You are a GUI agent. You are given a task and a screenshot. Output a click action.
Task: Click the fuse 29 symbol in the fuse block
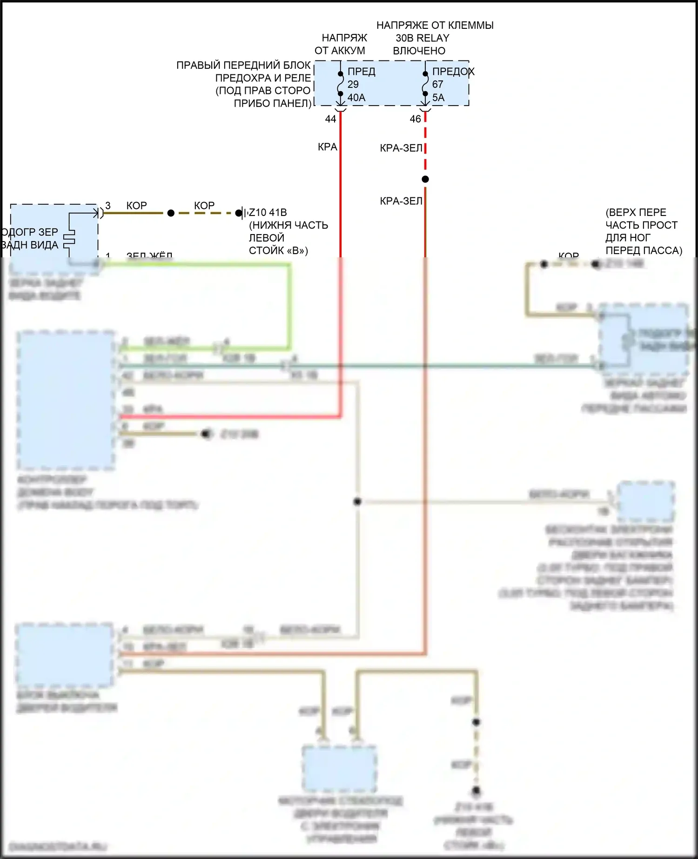[341, 84]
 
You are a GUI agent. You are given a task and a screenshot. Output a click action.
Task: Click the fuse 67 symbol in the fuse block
[425, 84]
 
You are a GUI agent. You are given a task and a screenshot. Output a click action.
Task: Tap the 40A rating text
[356, 98]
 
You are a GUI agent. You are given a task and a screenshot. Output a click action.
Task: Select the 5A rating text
[438, 98]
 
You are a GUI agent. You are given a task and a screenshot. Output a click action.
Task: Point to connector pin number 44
[330, 119]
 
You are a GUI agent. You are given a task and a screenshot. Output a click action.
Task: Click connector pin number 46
[415, 119]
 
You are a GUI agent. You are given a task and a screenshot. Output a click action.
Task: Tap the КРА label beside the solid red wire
[327, 147]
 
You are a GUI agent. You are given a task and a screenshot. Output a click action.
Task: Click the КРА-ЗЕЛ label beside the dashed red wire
[401, 148]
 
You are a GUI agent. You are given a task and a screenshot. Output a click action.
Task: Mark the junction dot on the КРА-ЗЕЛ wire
[425, 179]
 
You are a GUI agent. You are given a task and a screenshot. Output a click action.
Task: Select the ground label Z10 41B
[268, 213]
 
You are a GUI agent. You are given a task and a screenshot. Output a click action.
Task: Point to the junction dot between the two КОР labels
[171, 213]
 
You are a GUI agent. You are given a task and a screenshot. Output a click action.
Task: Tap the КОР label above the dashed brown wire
[204, 205]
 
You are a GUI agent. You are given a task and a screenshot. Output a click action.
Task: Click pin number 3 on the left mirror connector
[108, 205]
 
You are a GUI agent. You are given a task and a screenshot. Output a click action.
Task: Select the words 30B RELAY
[423, 38]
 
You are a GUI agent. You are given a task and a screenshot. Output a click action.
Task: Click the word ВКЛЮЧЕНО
[419, 51]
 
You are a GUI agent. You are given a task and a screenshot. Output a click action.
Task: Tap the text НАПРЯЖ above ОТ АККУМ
[344, 38]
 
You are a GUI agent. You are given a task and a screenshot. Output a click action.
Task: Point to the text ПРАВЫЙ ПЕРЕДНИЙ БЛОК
[243, 65]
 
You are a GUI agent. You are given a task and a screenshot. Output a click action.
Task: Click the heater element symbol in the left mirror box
[69, 239]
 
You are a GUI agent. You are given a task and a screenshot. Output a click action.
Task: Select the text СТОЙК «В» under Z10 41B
[278, 251]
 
